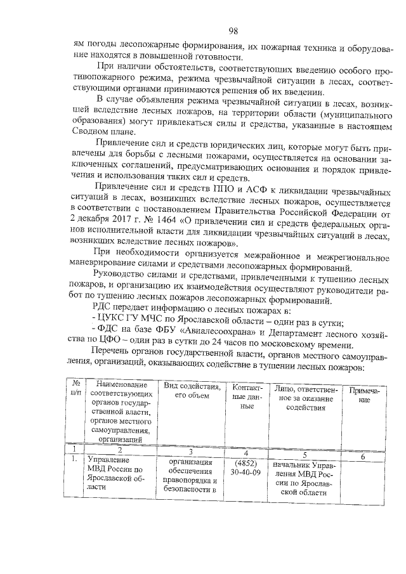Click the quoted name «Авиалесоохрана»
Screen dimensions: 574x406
pyautogui.click(x=207, y=334)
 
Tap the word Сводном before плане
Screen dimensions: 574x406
pyautogui.click(x=91, y=133)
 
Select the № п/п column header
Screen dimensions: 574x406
pyautogui.click(x=76, y=389)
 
